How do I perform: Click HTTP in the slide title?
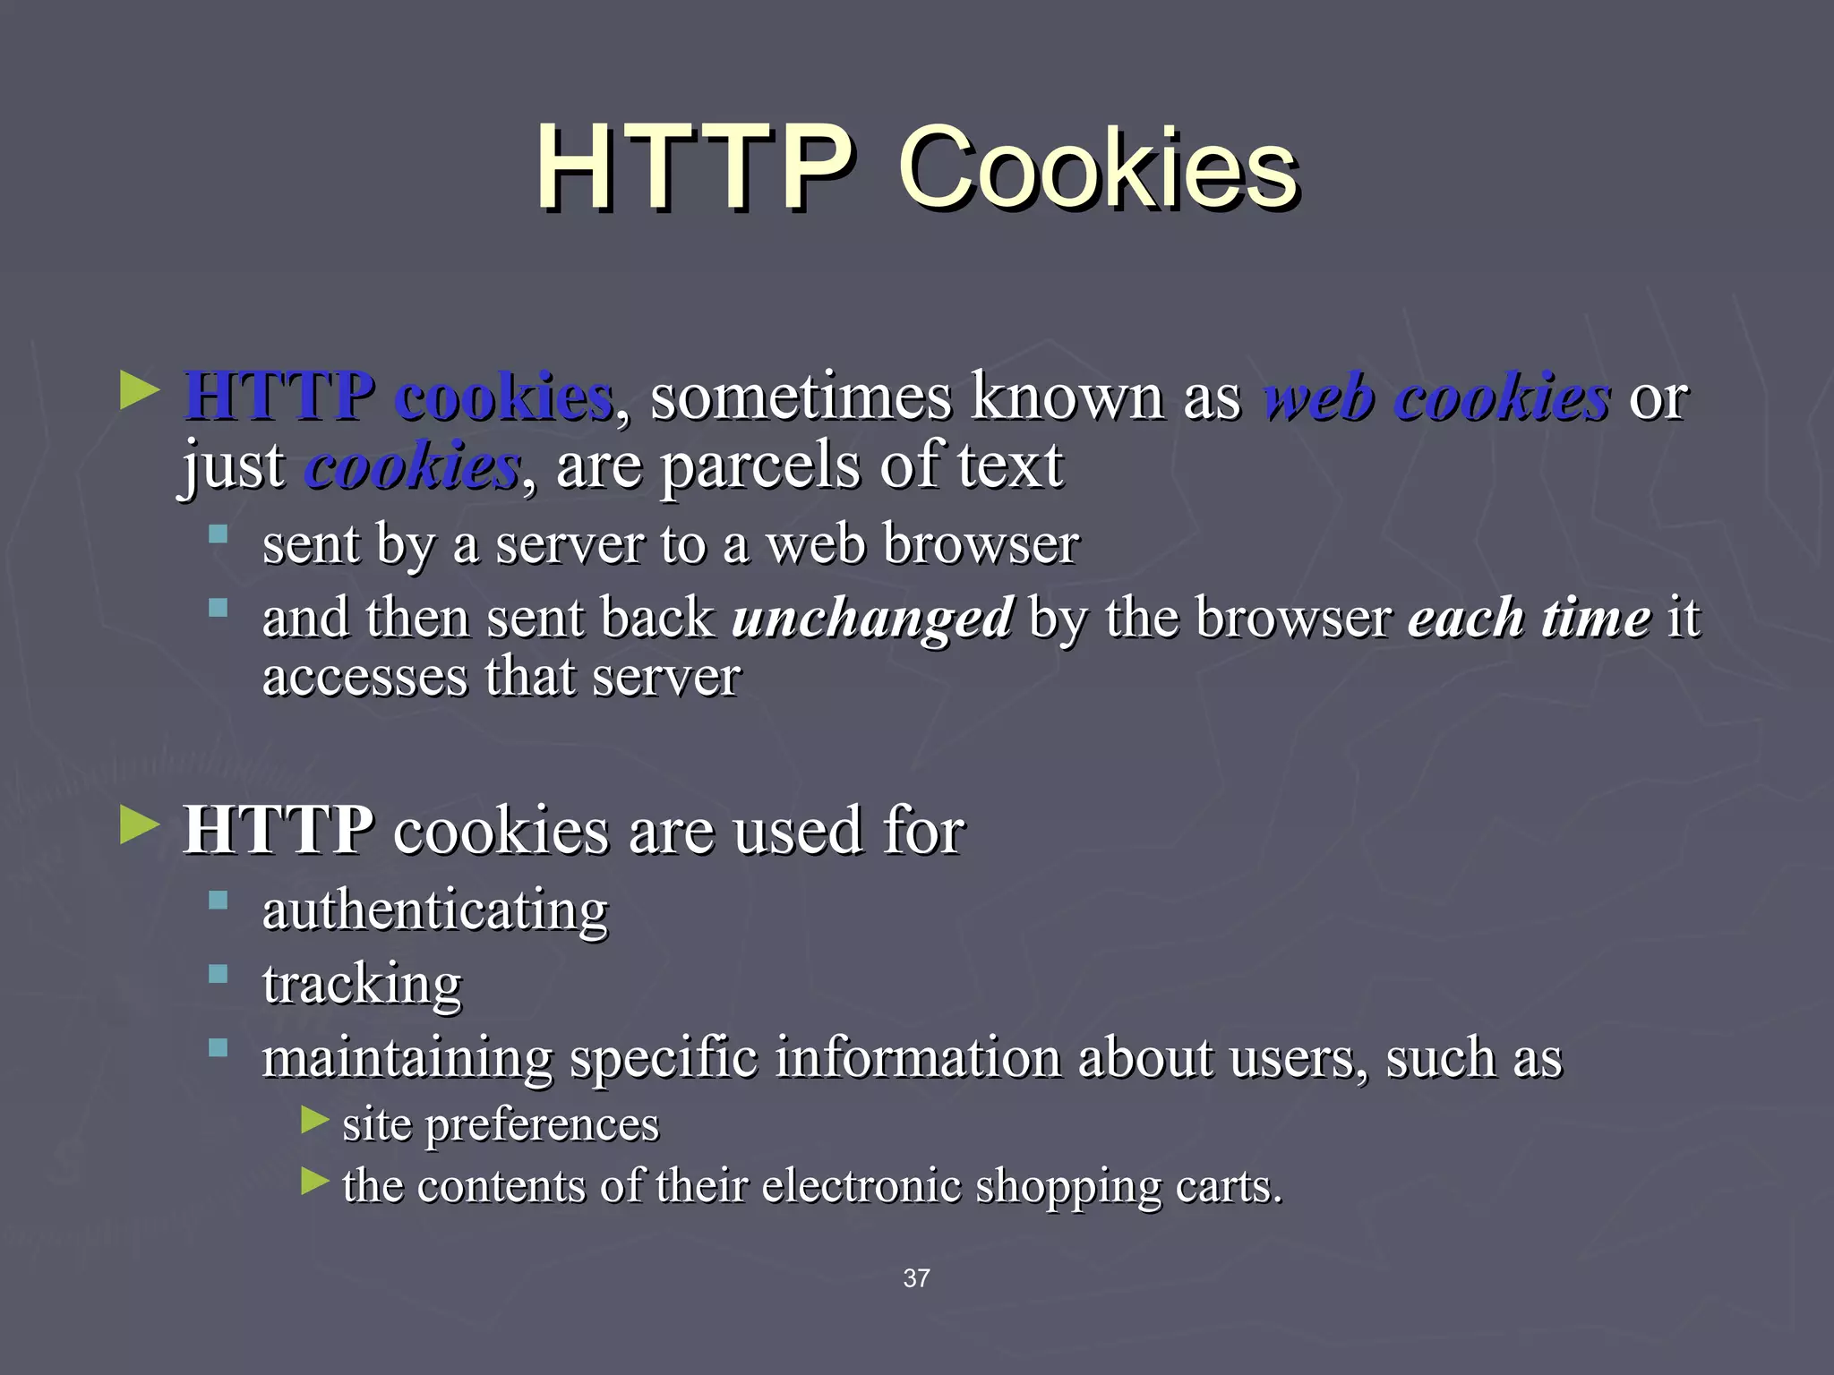point(694,168)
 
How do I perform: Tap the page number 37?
point(916,1278)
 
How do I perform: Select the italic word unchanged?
point(872,618)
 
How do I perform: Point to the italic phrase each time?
point(1529,618)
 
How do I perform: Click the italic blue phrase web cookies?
point(1435,396)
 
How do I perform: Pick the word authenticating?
point(435,911)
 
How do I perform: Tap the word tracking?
point(362,985)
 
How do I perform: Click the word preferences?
point(542,1124)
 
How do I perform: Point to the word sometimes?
point(801,396)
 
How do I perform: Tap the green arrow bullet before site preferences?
point(314,1119)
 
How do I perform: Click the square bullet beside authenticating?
point(218,900)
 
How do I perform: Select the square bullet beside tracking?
point(218,974)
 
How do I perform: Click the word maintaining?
point(407,1058)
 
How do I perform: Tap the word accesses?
point(364,677)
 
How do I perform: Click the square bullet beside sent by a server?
point(218,534)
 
